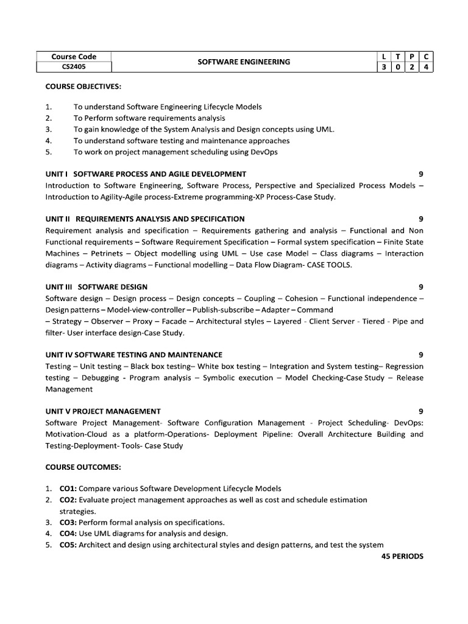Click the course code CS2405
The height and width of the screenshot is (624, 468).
[73, 67]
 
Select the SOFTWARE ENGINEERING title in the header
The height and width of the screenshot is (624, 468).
[244, 62]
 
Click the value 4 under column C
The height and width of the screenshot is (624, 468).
[427, 67]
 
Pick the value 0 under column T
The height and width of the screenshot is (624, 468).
[397, 67]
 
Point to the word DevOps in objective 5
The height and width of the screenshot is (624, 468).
[264, 152]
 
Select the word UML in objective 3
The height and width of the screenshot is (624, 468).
[323, 129]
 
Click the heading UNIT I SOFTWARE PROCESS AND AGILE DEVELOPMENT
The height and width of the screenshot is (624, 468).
[146, 174]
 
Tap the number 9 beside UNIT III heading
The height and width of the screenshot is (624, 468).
[420, 287]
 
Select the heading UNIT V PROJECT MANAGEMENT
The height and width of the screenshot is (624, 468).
[103, 411]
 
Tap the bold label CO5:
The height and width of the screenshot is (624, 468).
[68, 545]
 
